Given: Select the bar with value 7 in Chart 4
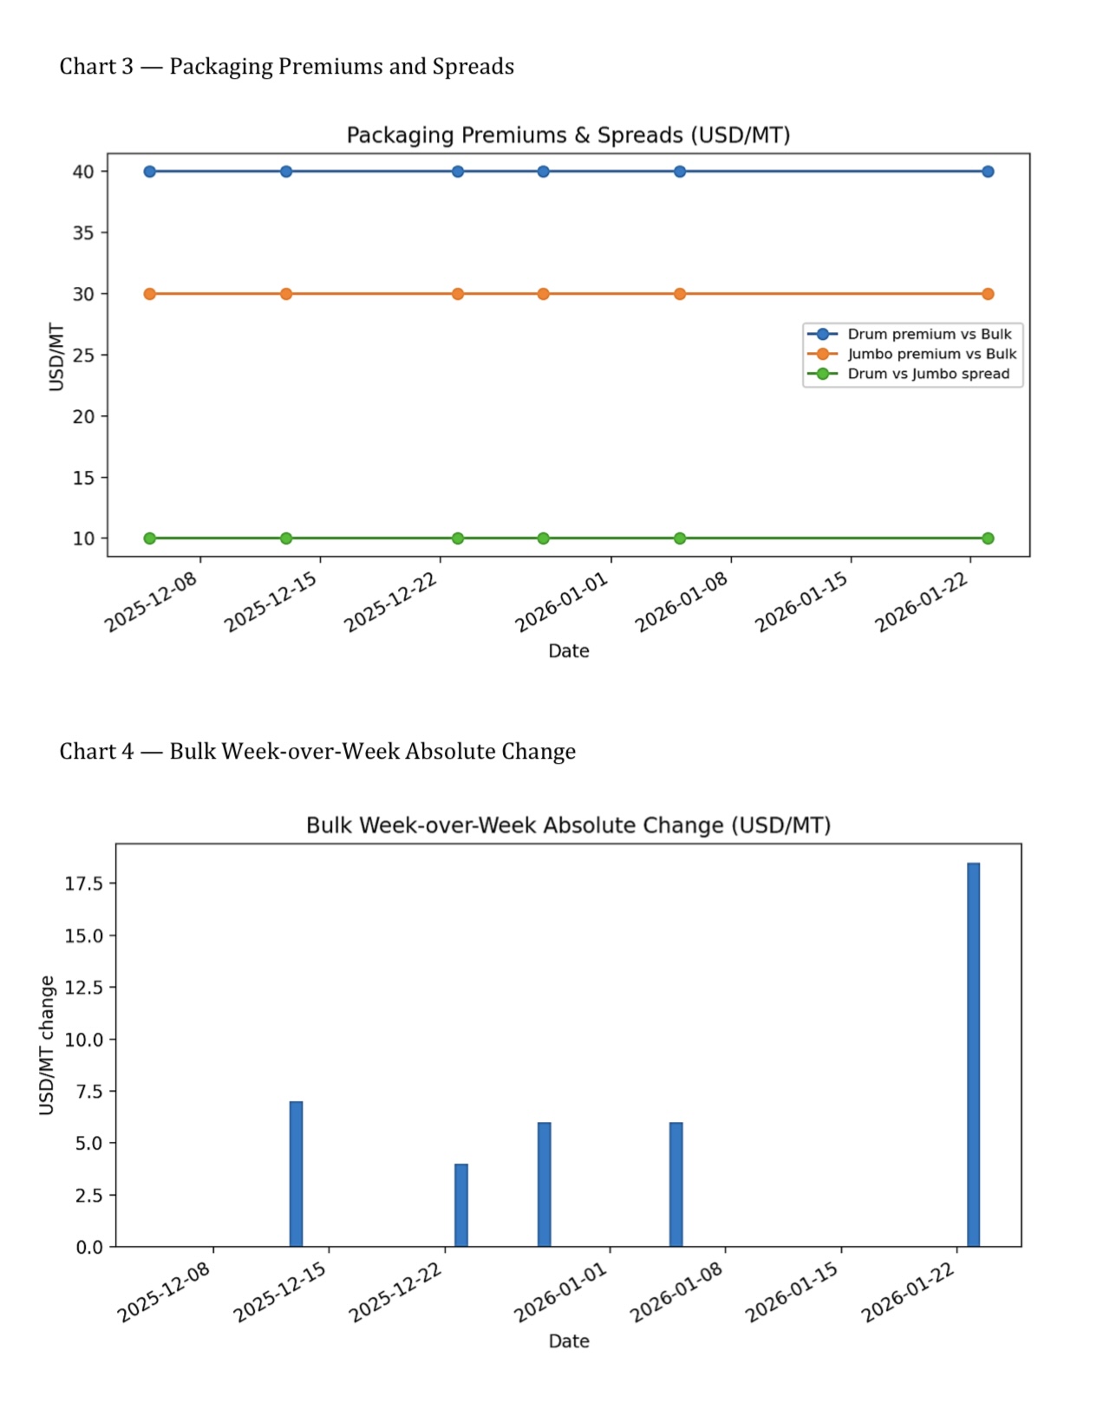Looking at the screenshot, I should tap(296, 1174).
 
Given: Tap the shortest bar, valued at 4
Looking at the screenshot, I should tap(461, 1205).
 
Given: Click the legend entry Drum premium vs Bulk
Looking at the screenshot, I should tap(929, 334).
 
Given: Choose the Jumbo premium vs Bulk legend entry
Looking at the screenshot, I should tap(931, 354).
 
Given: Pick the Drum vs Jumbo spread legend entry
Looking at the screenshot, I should tap(928, 374).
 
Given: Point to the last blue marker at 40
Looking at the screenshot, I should tap(988, 172).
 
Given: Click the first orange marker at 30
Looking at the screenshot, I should tap(150, 294).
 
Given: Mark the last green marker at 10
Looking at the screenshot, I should tap(988, 538).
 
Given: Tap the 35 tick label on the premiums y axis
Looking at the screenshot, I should tap(83, 232).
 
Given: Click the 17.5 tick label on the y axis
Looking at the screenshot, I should tap(83, 884).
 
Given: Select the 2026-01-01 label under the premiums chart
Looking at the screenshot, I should tap(562, 603).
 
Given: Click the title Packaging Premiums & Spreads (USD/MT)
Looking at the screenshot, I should tap(568, 135).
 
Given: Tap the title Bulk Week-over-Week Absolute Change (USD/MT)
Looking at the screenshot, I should tap(568, 825).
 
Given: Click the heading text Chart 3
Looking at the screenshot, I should tap(96, 67).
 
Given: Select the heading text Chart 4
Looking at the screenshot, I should tap(96, 751).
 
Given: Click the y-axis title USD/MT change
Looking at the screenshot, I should tap(47, 1045).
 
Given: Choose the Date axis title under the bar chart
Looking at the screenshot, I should tap(568, 1341).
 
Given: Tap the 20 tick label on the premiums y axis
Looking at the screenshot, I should tap(83, 416).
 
